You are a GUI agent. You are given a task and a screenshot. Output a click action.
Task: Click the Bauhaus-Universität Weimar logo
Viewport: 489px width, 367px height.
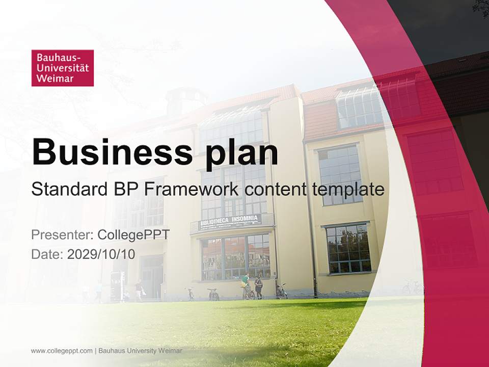(x=62, y=68)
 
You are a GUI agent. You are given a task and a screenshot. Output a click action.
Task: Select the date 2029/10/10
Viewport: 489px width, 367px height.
(x=101, y=254)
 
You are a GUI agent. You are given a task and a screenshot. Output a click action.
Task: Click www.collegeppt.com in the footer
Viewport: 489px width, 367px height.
(x=62, y=351)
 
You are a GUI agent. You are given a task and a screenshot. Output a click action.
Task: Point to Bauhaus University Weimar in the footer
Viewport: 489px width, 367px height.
(x=140, y=351)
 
